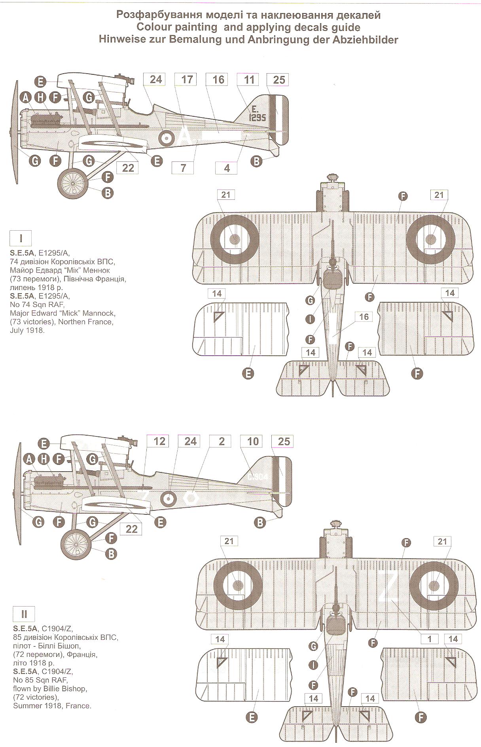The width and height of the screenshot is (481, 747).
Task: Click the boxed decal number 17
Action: tap(187, 80)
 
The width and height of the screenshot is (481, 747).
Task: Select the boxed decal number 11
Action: tap(249, 80)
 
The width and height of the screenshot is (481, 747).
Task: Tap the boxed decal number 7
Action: tap(183, 167)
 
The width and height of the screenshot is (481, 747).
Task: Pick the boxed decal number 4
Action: tap(227, 168)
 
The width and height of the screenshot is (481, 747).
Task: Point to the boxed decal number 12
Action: tap(159, 441)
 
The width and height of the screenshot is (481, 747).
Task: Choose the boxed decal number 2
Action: tap(222, 441)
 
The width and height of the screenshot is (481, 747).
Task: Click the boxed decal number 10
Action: tap(253, 441)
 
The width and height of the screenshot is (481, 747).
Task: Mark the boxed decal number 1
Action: tap(430, 639)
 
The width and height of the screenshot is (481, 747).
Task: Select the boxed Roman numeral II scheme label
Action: tap(24, 614)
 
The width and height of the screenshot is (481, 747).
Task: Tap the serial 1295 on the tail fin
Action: tap(258, 118)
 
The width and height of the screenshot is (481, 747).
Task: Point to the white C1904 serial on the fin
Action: tap(258, 477)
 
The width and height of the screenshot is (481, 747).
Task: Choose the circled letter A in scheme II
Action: tap(28, 459)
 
